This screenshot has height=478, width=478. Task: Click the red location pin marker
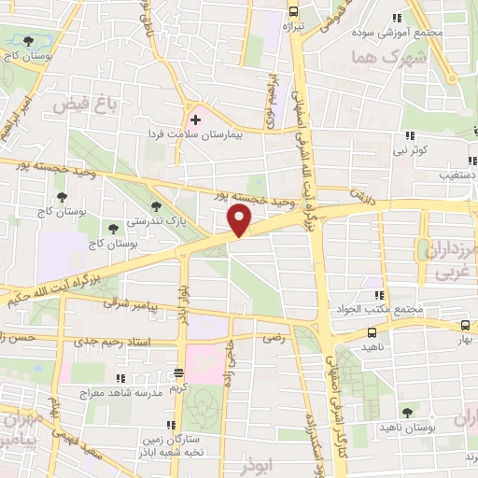(x=240, y=220)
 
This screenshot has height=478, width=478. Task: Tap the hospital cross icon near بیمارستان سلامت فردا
(x=195, y=120)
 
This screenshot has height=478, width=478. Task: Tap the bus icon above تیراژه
(x=293, y=12)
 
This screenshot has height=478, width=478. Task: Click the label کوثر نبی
(x=410, y=148)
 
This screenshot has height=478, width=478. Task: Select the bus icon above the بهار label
(x=465, y=326)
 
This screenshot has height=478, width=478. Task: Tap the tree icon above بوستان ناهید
(x=406, y=412)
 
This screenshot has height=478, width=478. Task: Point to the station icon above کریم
(x=177, y=373)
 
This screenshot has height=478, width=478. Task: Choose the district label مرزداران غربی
(x=447, y=258)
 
